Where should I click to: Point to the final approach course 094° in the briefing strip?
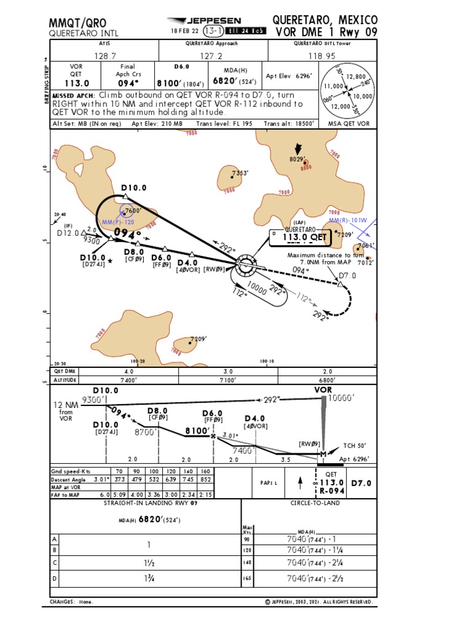(128, 83)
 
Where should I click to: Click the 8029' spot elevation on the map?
(298, 160)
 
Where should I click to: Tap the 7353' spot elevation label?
(240, 173)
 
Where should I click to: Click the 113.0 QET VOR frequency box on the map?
(305, 238)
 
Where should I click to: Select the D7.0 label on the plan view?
(347, 276)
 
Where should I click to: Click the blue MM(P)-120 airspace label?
(117, 222)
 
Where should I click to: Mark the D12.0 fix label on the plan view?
(69, 233)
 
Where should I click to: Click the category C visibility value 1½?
(147, 563)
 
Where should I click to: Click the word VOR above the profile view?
(323, 389)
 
